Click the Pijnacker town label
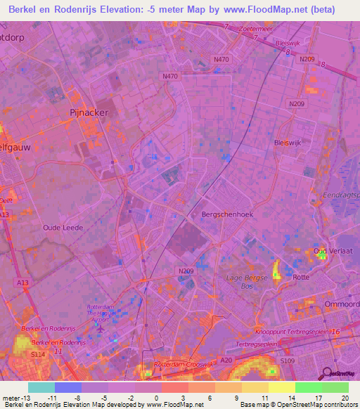click(88, 111)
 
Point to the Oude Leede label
click(63, 228)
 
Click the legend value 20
click(344, 398)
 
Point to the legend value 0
click(156, 398)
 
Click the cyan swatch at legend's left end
click(41, 387)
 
